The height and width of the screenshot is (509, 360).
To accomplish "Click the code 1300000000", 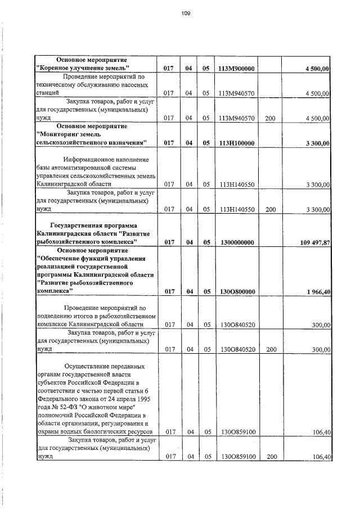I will [236, 242].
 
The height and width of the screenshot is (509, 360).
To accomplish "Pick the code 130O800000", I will [236, 292].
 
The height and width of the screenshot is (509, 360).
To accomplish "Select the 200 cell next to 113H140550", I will [270, 210].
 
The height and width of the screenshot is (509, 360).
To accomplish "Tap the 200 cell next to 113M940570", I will [270, 118].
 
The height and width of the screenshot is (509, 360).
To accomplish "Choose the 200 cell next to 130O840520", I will [270, 350].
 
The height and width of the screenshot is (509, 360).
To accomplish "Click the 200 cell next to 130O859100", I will [270, 457].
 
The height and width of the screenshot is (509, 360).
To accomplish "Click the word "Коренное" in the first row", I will [57, 69].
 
